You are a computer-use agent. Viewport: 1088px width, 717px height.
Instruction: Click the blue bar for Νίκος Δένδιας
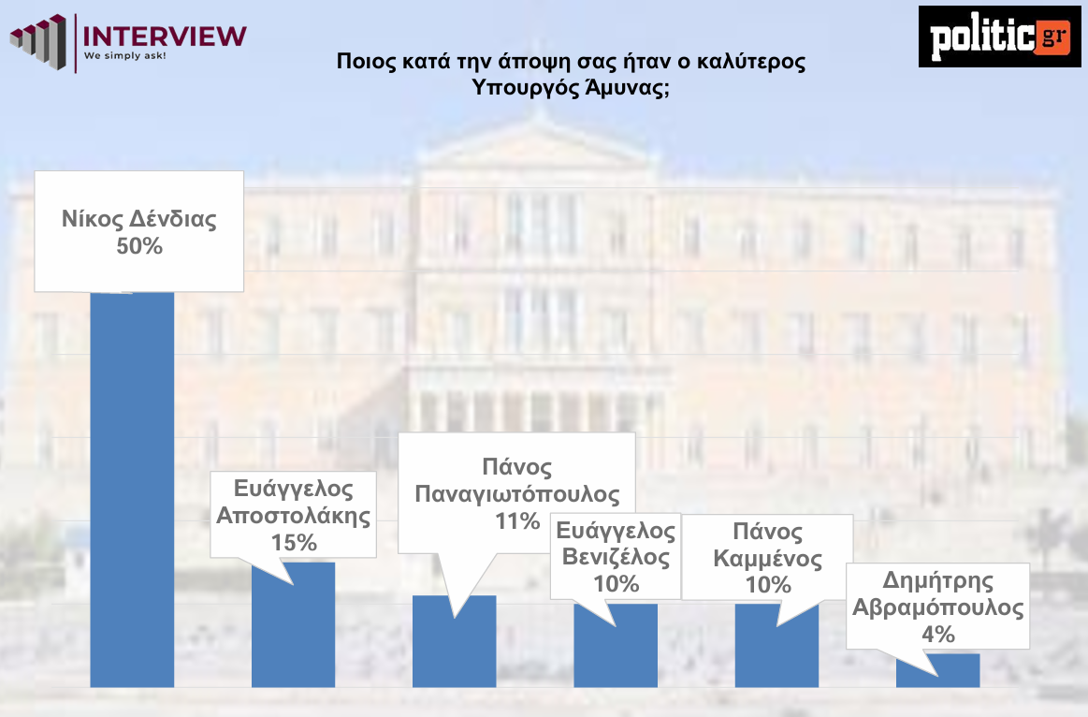coord(132,490)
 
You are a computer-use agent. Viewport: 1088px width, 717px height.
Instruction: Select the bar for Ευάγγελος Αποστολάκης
coord(293,624)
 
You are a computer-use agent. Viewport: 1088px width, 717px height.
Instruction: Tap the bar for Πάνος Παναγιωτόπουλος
coord(454,641)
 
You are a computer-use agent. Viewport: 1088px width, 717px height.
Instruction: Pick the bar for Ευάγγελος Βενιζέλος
coord(616,646)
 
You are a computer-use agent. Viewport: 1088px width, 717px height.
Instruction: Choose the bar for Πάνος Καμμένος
coord(776,646)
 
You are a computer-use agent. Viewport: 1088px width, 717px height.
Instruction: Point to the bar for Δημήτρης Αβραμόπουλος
coord(937,670)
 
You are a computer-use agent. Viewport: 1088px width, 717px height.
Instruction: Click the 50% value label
coord(139,246)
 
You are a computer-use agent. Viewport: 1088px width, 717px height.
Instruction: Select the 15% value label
coord(294,542)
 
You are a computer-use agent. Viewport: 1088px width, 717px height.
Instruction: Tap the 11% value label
coord(517,520)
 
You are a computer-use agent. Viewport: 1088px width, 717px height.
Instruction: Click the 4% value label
coord(938,634)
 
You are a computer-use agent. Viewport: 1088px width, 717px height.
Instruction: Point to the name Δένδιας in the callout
coord(173,219)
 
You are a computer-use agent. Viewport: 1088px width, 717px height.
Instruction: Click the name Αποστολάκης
coord(294,516)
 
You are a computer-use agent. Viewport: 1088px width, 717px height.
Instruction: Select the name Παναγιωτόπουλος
coord(517,494)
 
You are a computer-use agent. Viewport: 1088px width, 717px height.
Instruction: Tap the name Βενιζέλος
coord(617,557)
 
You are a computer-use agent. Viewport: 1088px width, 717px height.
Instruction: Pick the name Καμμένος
coord(767,559)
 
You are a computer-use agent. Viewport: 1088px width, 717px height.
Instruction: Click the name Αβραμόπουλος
coord(938,607)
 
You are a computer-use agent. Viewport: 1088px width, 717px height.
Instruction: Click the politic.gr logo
coord(1000,37)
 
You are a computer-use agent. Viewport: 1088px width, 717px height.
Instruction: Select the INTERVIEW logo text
coord(165,37)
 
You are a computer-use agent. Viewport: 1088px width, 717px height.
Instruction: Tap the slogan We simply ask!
coord(125,55)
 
